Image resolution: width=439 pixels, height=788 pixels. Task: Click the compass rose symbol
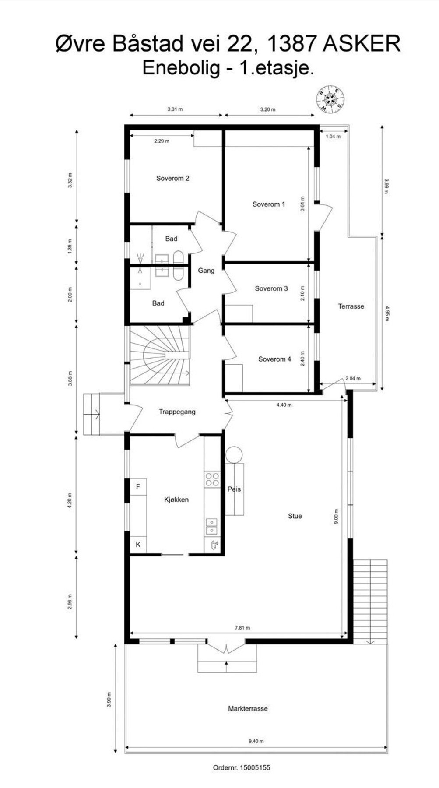pos(331,98)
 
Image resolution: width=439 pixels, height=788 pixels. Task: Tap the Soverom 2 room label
pos(172,178)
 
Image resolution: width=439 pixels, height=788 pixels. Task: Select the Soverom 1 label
pos(268,204)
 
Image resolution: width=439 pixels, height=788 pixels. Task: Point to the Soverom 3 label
pos(271,288)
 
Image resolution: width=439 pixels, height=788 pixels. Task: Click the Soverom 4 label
pos(274,359)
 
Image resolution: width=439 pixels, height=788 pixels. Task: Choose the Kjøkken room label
pos(176,500)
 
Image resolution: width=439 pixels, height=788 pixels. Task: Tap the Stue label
pos(295,516)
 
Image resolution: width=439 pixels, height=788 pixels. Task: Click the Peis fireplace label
pos(234,489)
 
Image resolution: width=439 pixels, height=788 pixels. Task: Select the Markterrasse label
pos(248,708)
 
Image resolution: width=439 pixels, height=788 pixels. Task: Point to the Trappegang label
pos(177,412)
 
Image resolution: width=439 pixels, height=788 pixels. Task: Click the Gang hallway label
pos(206,271)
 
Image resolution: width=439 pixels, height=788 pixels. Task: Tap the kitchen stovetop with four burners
pos(212,479)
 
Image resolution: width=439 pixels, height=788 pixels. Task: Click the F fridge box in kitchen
pos(138,487)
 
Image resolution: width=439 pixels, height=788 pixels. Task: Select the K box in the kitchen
pos(138,545)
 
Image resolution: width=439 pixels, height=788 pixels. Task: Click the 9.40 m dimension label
pos(256,741)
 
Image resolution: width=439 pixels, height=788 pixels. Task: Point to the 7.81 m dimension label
pos(242,627)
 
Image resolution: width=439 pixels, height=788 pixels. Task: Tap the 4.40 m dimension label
pos(284,405)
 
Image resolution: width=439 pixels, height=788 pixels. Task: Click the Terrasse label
pos(351,306)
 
